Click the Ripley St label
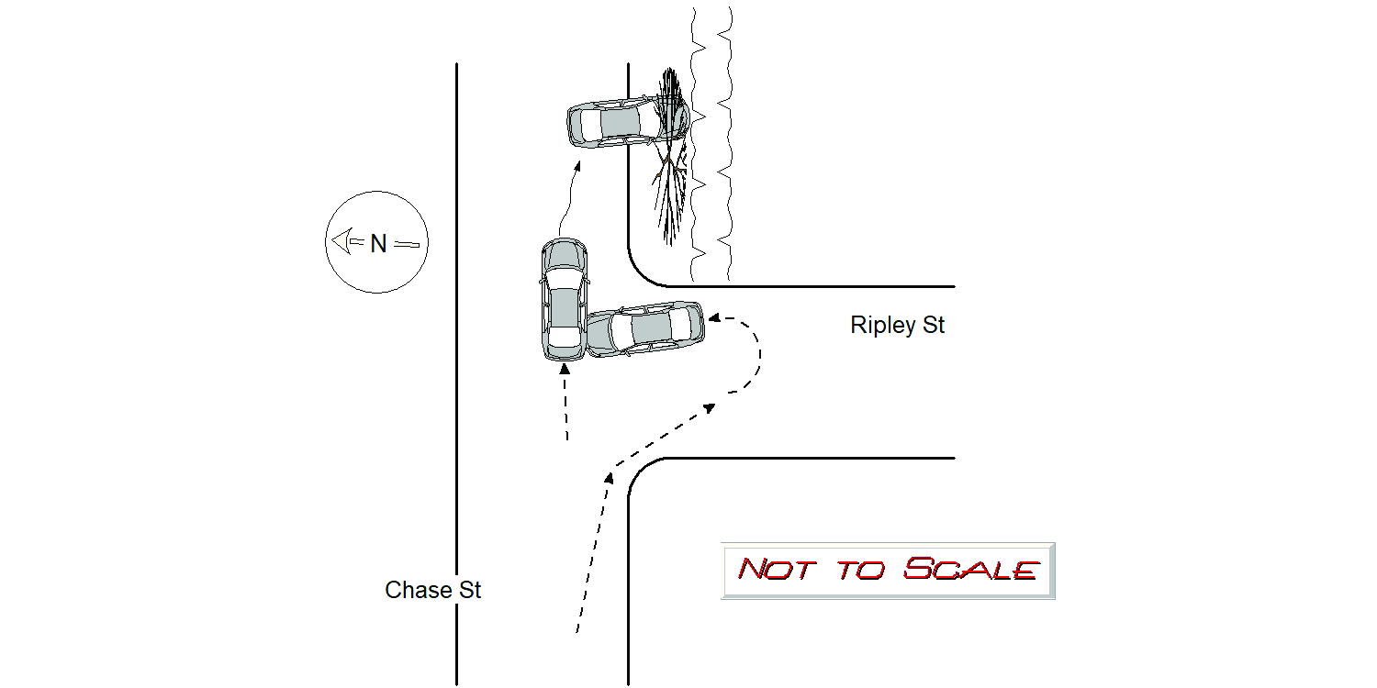point(897,325)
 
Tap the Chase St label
point(432,590)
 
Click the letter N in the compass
point(378,244)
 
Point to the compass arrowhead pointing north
point(341,240)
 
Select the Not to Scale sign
point(888,571)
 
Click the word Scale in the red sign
point(972,569)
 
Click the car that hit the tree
point(628,122)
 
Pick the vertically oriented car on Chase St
point(564,299)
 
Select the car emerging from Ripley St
point(644,328)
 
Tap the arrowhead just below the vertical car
point(565,369)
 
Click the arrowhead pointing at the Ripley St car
point(713,318)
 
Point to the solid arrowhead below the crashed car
point(577,166)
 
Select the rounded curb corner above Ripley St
point(639,275)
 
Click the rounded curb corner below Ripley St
point(639,470)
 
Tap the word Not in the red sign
point(777,570)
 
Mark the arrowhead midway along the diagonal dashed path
point(710,408)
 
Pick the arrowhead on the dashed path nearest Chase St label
point(609,477)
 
